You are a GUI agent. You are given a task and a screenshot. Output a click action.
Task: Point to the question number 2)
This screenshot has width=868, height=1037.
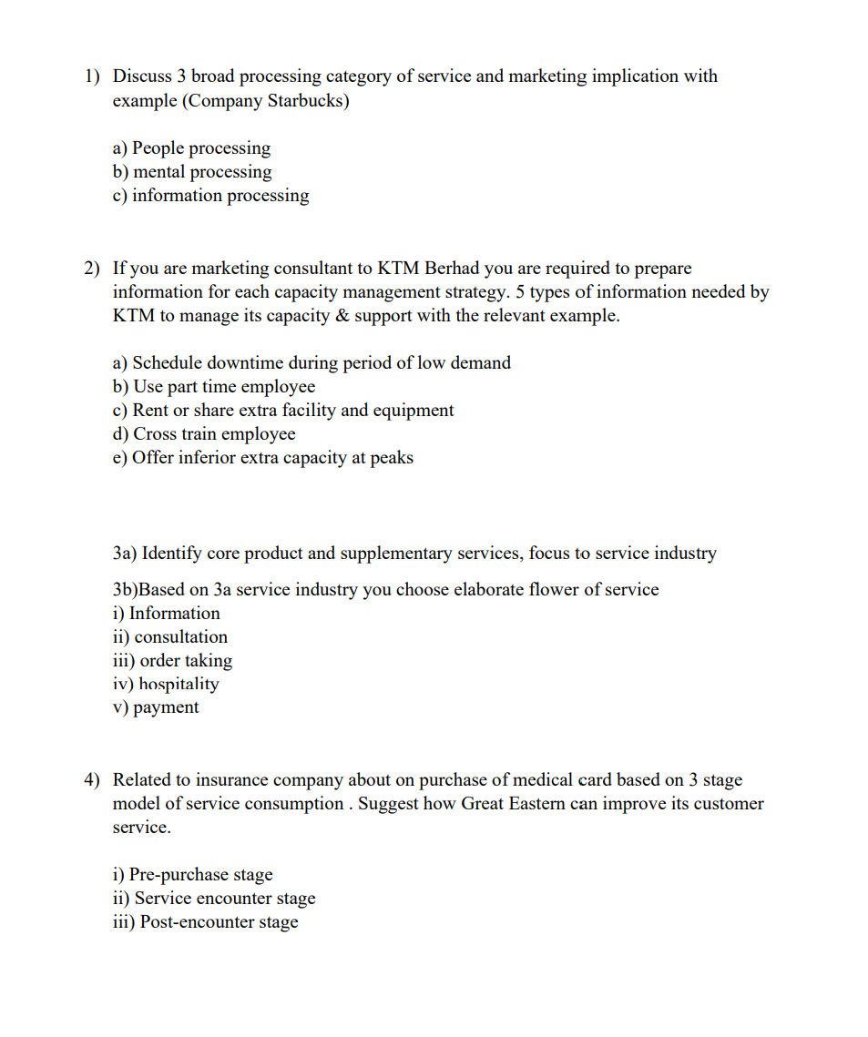[x=93, y=268]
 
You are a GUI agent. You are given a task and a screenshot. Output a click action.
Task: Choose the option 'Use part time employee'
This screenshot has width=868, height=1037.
[x=213, y=386]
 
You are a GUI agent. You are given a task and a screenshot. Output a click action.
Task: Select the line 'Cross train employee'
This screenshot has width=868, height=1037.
[x=203, y=433]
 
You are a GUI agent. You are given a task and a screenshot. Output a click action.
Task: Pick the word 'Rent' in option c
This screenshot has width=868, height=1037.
[x=150, y=410]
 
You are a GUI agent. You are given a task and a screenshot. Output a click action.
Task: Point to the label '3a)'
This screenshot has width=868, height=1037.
[x=125, y=553]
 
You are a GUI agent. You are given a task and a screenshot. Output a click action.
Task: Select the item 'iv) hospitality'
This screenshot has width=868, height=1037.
[x=165, y=684]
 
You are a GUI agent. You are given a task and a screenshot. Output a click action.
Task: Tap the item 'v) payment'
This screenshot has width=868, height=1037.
[x=155, y=707]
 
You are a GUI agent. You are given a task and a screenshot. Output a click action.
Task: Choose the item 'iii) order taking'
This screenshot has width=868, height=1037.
[x=172, y=660]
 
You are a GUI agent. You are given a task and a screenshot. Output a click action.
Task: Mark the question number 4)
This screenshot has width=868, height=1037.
[x=93, y=779]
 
